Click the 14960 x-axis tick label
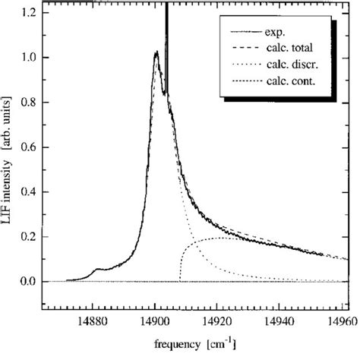(337, 322)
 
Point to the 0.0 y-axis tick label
(28, 283)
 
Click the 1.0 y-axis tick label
(28, 58)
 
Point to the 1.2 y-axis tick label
(28, 13)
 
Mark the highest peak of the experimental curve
(156, 52)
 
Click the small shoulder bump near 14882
(98, 269)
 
